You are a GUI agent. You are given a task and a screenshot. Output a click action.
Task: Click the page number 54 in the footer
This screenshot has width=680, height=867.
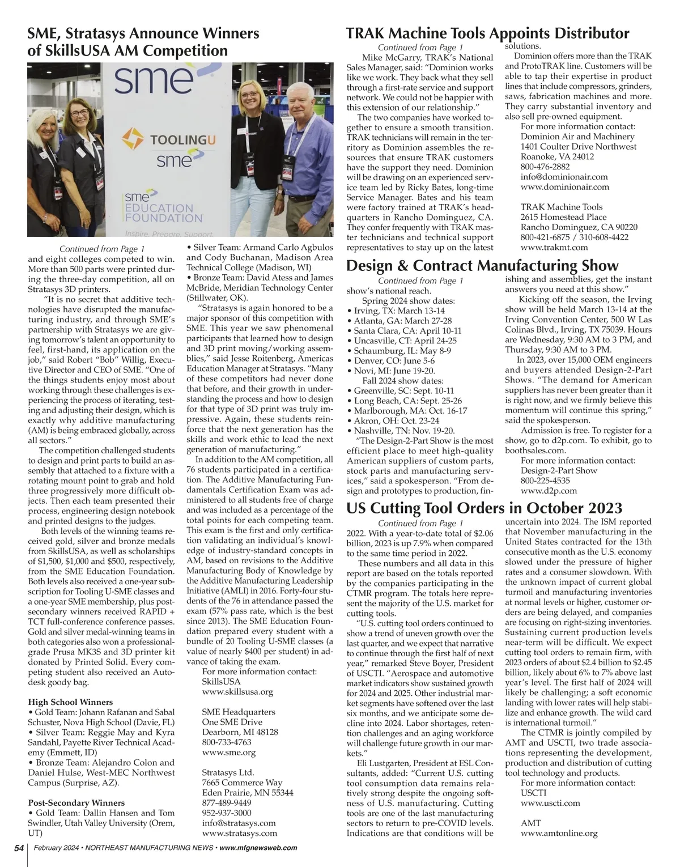19,848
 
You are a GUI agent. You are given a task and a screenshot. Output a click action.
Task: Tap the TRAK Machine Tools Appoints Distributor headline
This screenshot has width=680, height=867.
487,33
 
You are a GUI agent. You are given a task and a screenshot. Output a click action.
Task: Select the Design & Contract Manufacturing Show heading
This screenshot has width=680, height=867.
482,265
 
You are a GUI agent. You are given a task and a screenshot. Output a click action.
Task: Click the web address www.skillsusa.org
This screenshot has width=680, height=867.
237,691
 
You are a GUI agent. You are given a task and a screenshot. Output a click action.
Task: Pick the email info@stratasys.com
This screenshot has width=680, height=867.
239,822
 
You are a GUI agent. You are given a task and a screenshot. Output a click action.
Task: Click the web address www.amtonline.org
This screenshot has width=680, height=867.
559,833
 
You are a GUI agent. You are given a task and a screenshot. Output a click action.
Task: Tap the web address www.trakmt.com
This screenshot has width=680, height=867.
554,247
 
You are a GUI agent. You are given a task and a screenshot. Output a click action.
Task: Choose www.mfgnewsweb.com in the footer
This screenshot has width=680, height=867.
258,848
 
